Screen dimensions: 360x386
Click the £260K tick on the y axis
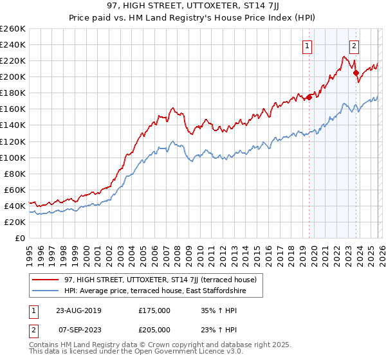click(13, 29)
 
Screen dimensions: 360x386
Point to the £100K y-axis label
click(13, 157)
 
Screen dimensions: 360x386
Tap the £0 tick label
click(19, 238)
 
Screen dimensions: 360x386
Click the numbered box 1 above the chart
click(308, 46)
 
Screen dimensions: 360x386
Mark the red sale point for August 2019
click(309, 97)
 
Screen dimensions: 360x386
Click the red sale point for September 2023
click(355, 73)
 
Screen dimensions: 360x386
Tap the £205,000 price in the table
click(154, 329)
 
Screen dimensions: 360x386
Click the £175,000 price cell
click(154, 310)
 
